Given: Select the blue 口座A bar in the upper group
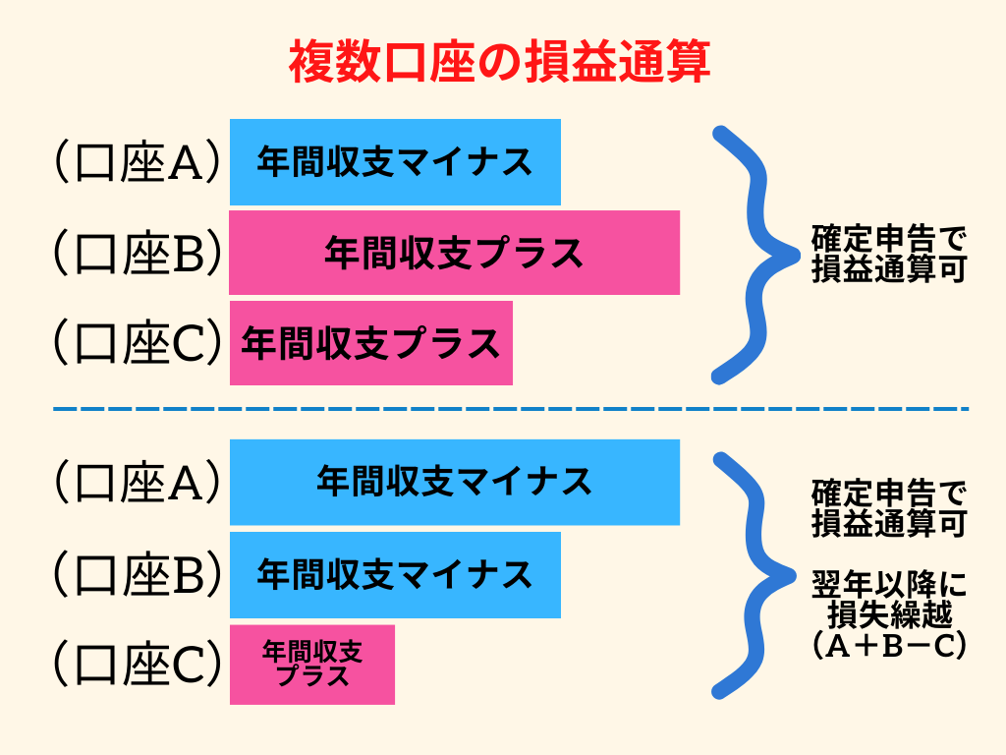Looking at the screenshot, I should coord(395,162).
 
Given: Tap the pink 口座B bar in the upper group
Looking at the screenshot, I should coord(454,253).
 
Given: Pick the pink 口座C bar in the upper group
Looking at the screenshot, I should coord(370,343).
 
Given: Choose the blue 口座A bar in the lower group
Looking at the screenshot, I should coord(454,482).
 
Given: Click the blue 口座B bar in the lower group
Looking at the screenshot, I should coord(395,574).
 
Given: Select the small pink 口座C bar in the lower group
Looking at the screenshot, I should coord(312,665).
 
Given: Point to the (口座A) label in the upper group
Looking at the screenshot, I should coord(138,163).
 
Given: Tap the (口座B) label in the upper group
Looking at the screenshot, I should coord(138,254).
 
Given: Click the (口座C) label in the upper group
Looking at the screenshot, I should coord(138,343).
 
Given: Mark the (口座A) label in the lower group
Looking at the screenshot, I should coord(138,482).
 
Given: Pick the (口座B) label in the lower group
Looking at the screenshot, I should coord(138,574).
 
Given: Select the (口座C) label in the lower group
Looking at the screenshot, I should coord(138,665).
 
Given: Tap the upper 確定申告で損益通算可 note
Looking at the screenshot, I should coord(889,255).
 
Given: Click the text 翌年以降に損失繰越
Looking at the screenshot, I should coord(889,601).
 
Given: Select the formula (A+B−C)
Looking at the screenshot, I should coord(889,646).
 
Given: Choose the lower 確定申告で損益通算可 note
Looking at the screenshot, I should coord(889,507).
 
